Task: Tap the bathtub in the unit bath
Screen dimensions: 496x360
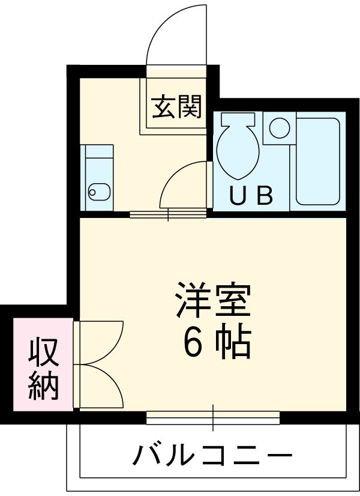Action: pyautogui.click(x=317, y=160)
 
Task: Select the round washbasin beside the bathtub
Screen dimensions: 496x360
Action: pyautogui.click(x=278, y=127)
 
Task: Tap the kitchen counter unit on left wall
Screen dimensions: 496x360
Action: pyautogui.click(x=98, y=177)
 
